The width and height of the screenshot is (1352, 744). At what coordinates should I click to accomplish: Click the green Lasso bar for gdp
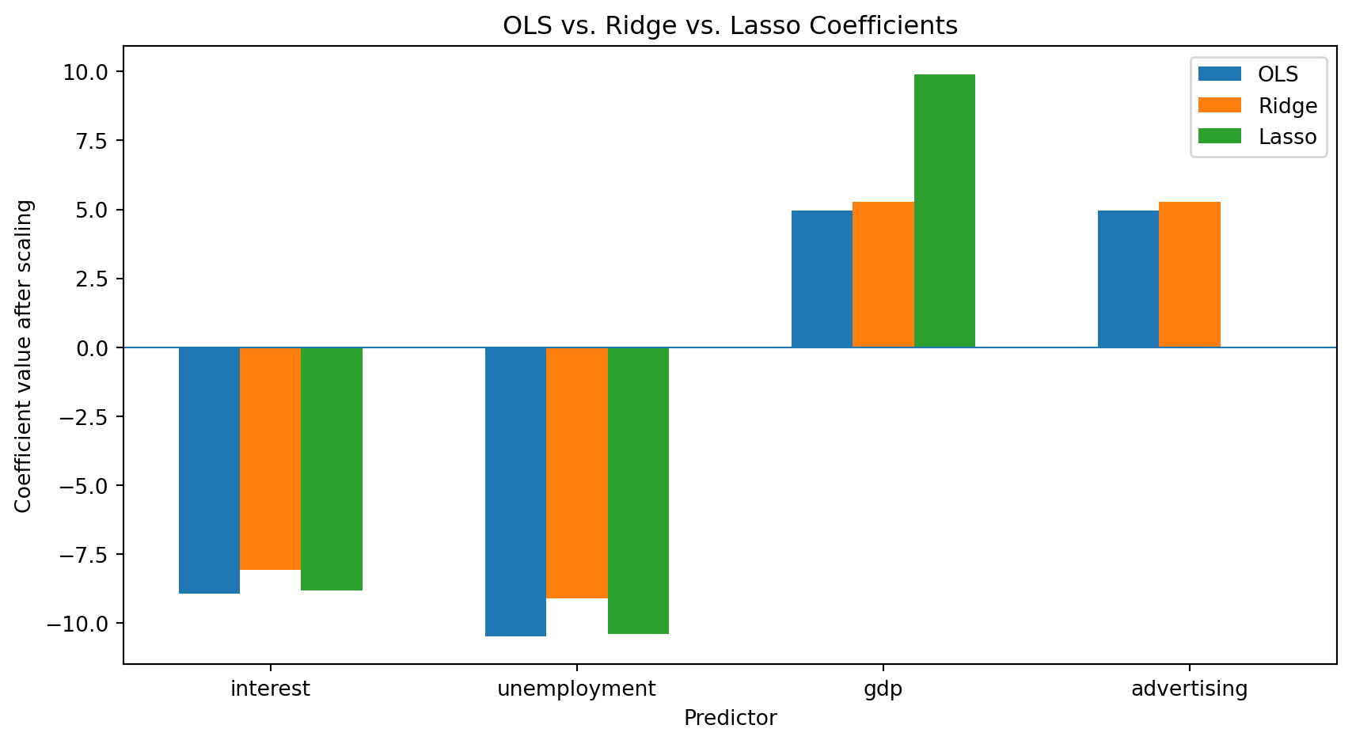pyautogui.click(x=944, y=211)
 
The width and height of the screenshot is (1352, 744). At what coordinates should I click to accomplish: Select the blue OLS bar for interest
pyautogui.click(x=210, y=471)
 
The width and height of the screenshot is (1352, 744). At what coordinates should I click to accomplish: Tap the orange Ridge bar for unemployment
pyautogui.click(x=577, y=473)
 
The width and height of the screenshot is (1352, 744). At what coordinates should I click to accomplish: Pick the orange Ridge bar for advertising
pyautogui.click(x=1190, y=275)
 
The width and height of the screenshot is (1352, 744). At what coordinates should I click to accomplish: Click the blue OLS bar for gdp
pyautogui.click(x=822, y=279)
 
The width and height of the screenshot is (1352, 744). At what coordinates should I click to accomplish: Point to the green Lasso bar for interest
pyautogui.click(x=332, y=469)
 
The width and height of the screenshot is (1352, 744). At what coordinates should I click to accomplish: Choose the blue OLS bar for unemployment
pyautogui.click(x=515, y=492)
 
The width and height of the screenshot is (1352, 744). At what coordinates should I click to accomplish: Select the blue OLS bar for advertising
pyautogui.click(x=1128, y=279)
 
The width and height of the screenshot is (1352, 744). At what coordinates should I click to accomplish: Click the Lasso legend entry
pyautogui.click(x=1257, y=137)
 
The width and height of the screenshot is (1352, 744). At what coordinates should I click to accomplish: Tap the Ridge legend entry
pyautogui.click(x=1258, y=105)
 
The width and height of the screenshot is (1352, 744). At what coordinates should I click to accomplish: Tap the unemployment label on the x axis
pyautogui.click(x=576, y=689)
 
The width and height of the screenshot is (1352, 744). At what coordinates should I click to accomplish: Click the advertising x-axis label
pyautogui.click(x=1189, y=689)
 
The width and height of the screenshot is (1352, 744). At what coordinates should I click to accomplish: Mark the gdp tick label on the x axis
pyautogui.click(x=883, y=689)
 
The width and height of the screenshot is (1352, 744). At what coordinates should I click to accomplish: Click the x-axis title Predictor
pyautogui.click(x=731, y=718)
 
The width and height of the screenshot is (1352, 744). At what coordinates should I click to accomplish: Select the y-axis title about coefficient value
pyautogui.click(x=23, y=356)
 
